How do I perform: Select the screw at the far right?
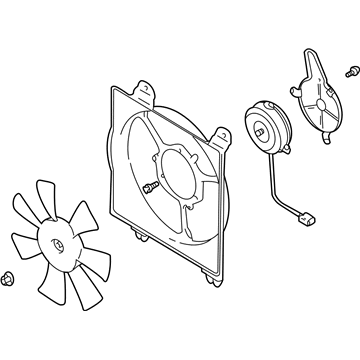point(351,70)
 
